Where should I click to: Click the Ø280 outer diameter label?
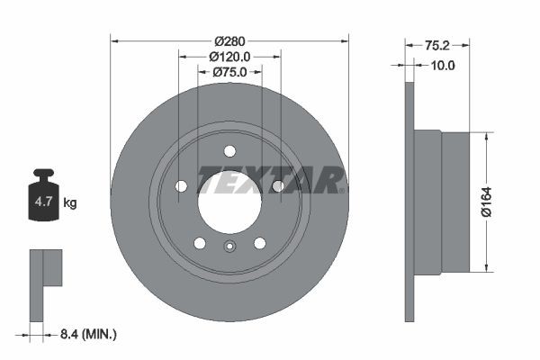tap(229, 41)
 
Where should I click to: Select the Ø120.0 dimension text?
tap(229, 57)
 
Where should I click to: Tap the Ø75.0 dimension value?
tap(229, 72)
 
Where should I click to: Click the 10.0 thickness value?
tap(444, 65)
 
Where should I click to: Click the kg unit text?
tap(69, 203)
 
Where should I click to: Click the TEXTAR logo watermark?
tap(270, 181)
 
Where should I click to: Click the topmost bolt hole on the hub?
tap(229, 150)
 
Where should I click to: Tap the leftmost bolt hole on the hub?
tap(182, 185)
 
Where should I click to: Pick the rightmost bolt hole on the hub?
tap(277, 185)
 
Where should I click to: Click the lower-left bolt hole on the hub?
tap(200, 243)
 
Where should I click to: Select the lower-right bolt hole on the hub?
tap(259, 243)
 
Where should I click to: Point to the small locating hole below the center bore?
tap(229, 250)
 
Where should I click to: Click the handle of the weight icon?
tap(42, 174)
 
